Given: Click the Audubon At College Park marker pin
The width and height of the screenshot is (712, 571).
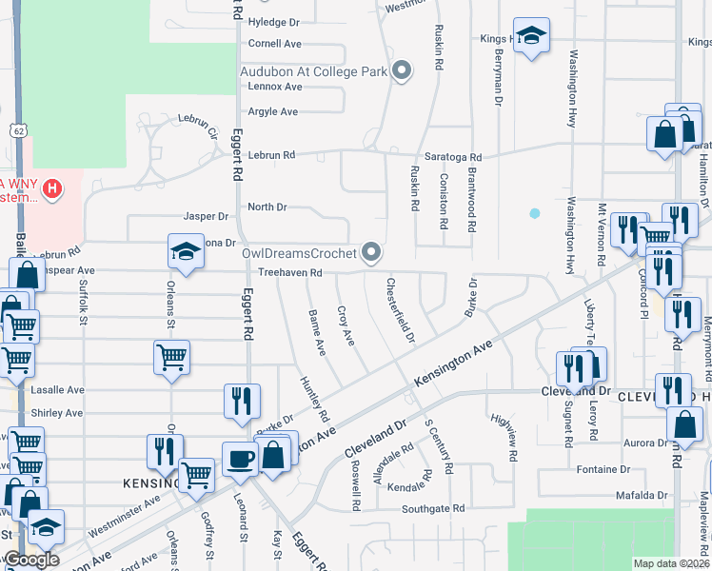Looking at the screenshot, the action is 402,70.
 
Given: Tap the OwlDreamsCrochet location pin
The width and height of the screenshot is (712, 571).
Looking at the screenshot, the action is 372,252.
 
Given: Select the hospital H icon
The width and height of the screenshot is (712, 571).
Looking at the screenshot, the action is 52,188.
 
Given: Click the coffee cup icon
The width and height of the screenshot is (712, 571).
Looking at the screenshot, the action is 240,458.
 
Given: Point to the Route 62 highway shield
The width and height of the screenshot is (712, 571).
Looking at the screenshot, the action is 18,129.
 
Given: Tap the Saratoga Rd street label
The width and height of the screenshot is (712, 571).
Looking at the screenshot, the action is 454,157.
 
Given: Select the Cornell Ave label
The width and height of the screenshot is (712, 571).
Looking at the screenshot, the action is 274,44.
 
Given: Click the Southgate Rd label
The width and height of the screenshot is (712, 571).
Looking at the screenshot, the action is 431,508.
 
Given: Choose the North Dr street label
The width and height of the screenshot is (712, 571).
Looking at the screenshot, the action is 267,207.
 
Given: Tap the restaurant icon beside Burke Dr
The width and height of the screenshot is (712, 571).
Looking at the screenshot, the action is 242,400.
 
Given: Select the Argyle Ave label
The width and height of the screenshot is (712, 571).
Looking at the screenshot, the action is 273,111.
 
